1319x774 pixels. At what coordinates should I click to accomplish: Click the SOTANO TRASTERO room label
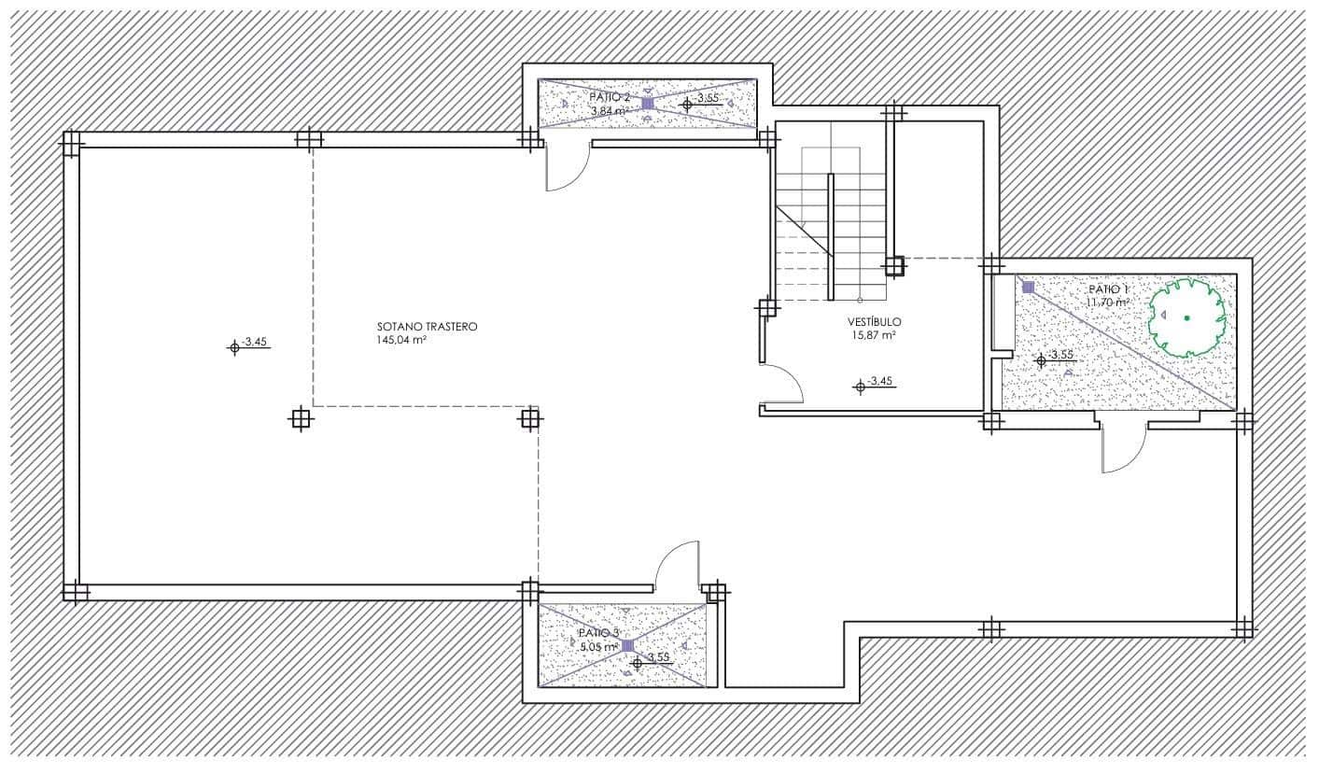tap(427, 327)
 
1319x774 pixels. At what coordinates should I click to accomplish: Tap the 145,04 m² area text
tap(401, 341)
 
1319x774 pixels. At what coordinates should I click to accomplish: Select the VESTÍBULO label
tap(875, 321)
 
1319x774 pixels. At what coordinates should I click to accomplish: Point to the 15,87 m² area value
tap(873, 334)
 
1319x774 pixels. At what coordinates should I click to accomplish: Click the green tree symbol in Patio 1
tap(1186, 317)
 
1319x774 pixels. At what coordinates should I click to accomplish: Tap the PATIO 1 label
tap(1108, 289)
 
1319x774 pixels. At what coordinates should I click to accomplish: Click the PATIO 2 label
tap(610, 97)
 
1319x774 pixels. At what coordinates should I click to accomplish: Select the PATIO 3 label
tap(598, 633)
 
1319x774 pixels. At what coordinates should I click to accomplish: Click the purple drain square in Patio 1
tap(1028, 288)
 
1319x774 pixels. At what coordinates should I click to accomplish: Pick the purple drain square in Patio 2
tap(648, 104)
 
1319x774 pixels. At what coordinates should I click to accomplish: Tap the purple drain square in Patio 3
tap(627, 645)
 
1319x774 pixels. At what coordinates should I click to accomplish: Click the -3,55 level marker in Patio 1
tap(1041, 359)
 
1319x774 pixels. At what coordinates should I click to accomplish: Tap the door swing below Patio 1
tap(1123, 448)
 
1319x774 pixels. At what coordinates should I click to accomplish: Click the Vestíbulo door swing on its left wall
tap(782, 383)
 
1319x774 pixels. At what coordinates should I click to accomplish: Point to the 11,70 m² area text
tap(1107, 303)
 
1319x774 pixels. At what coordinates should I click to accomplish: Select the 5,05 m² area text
tap(598, 646)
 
